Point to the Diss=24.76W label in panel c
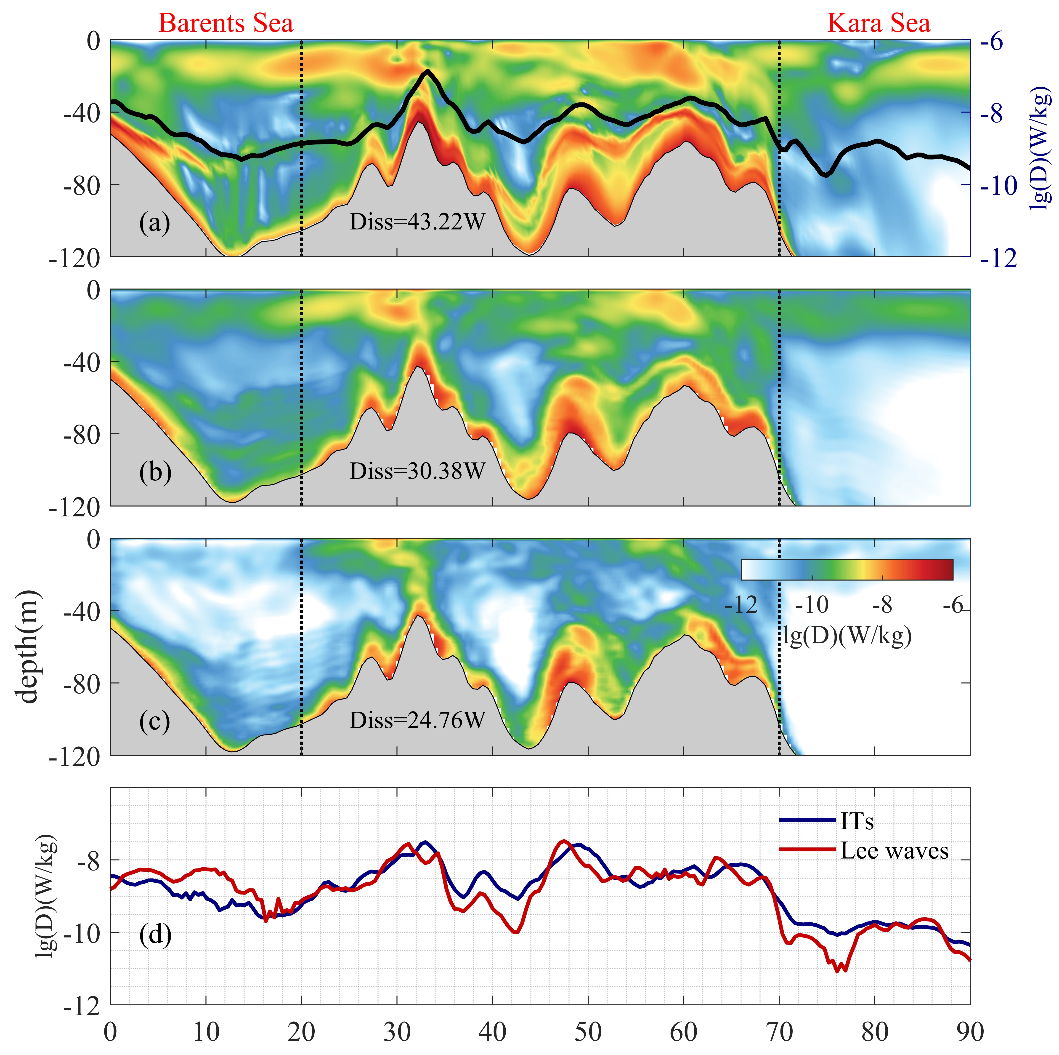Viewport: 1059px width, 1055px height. click(417, 720)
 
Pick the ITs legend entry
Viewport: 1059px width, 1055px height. click(857, 821)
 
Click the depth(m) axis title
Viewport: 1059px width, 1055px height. click(27, 647)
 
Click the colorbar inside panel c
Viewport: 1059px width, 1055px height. click(847, 569)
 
